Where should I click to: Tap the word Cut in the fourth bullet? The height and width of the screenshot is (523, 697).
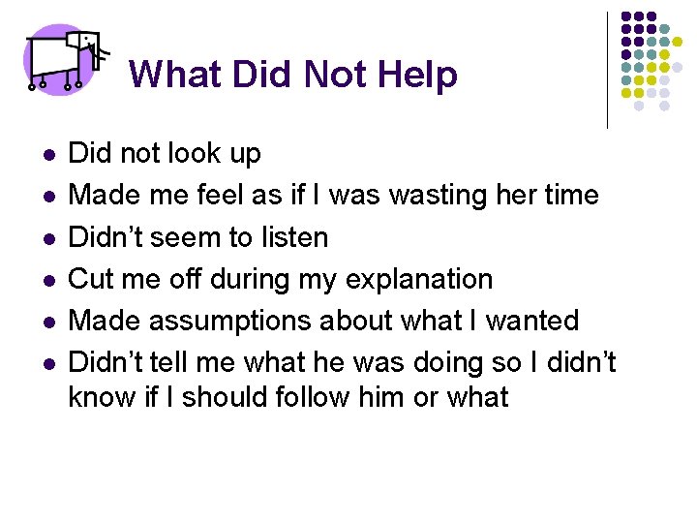pos(92,280)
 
